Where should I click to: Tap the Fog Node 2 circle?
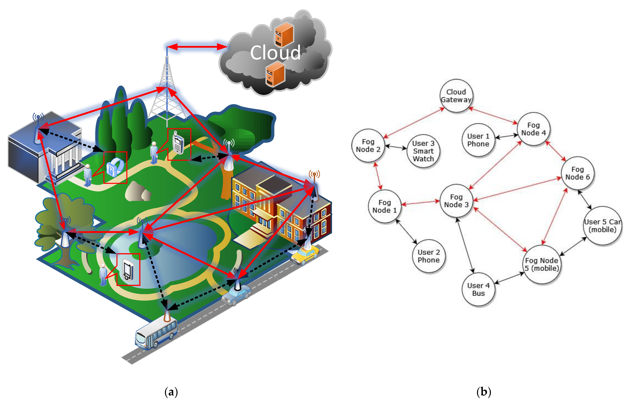pos(368,145)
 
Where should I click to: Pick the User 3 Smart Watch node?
pos(423,151)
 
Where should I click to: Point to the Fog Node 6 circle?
pos(578,173)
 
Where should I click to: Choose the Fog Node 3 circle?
pos(456,201)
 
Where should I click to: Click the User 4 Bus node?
pos(478,289)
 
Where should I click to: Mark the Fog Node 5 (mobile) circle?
pos(542,264)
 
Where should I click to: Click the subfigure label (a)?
pos(171,392)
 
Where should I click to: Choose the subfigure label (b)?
pos(484,392)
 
